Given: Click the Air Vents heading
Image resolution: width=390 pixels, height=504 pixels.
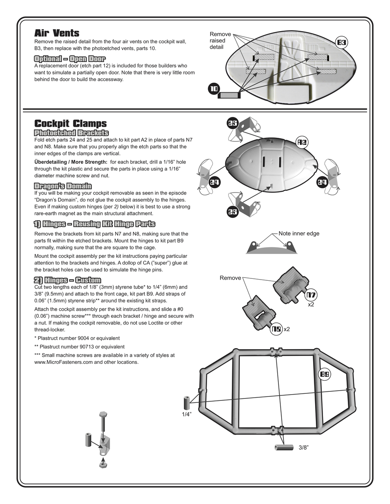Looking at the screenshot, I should tap(57, 33).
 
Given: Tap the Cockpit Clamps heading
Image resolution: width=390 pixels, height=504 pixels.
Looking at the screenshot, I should tap(71, 124).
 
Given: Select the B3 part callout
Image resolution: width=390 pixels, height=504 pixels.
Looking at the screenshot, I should tap(341, 43).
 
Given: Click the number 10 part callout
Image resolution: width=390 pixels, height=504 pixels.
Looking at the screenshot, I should tap(214, 89).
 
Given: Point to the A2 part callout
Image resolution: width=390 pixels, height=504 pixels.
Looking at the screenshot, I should tap(302, 142).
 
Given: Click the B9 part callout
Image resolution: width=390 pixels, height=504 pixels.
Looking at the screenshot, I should tap(325, 374).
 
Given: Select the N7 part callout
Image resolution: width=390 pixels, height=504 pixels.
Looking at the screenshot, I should tap(312, 295).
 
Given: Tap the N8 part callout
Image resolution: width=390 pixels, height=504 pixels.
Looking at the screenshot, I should tap(276, 329).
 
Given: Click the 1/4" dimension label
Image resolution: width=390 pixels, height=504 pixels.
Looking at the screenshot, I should tap(186, 414).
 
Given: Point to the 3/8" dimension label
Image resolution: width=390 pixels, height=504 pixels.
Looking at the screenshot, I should tap(303, 447).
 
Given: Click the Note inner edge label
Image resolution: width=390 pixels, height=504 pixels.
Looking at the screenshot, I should tap(299, 233).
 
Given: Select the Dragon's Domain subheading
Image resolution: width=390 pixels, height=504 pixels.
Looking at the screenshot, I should tap(63, 186).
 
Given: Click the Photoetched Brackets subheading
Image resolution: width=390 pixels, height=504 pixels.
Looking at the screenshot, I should tap(71, 133).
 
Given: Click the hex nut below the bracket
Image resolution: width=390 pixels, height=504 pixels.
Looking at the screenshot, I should tap(103, 465).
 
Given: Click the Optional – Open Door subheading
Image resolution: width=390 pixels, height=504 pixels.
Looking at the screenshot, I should tap(70, 59).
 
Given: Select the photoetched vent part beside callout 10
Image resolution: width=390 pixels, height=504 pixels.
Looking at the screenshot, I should tap(229, 95).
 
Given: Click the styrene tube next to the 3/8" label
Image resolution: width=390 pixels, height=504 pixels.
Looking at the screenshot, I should tap(284, 447).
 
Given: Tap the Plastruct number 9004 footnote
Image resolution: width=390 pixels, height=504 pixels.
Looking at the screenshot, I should tap(77, 338).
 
